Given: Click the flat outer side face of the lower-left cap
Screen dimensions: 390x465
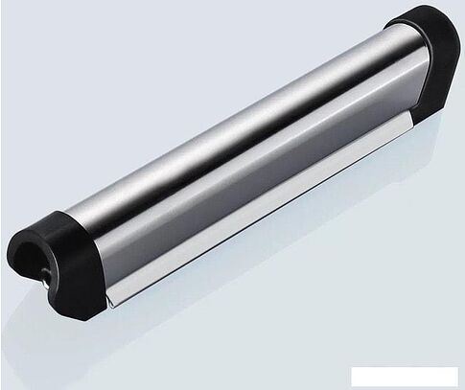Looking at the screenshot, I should tap(77, 287).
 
